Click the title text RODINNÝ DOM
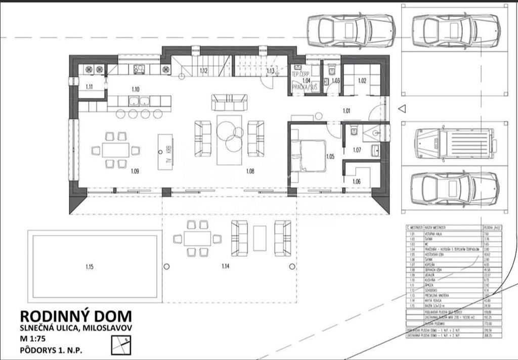click(x=75, y=316)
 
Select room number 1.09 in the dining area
click(x=135, y=171)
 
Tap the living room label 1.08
click(x=250, y=171)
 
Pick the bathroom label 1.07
click(x=357, y=150)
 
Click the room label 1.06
click(x=357, y=182)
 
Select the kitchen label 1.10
click(x=135, y=89)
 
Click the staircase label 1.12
click(x=203, y=71)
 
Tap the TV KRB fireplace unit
click(x=165, y=151)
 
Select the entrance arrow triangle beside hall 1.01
click(x=402, y=109)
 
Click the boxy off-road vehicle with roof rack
click(x=453, y=144)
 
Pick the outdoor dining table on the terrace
click(x=197, y=239)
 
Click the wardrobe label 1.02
click(x=362, y=80)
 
